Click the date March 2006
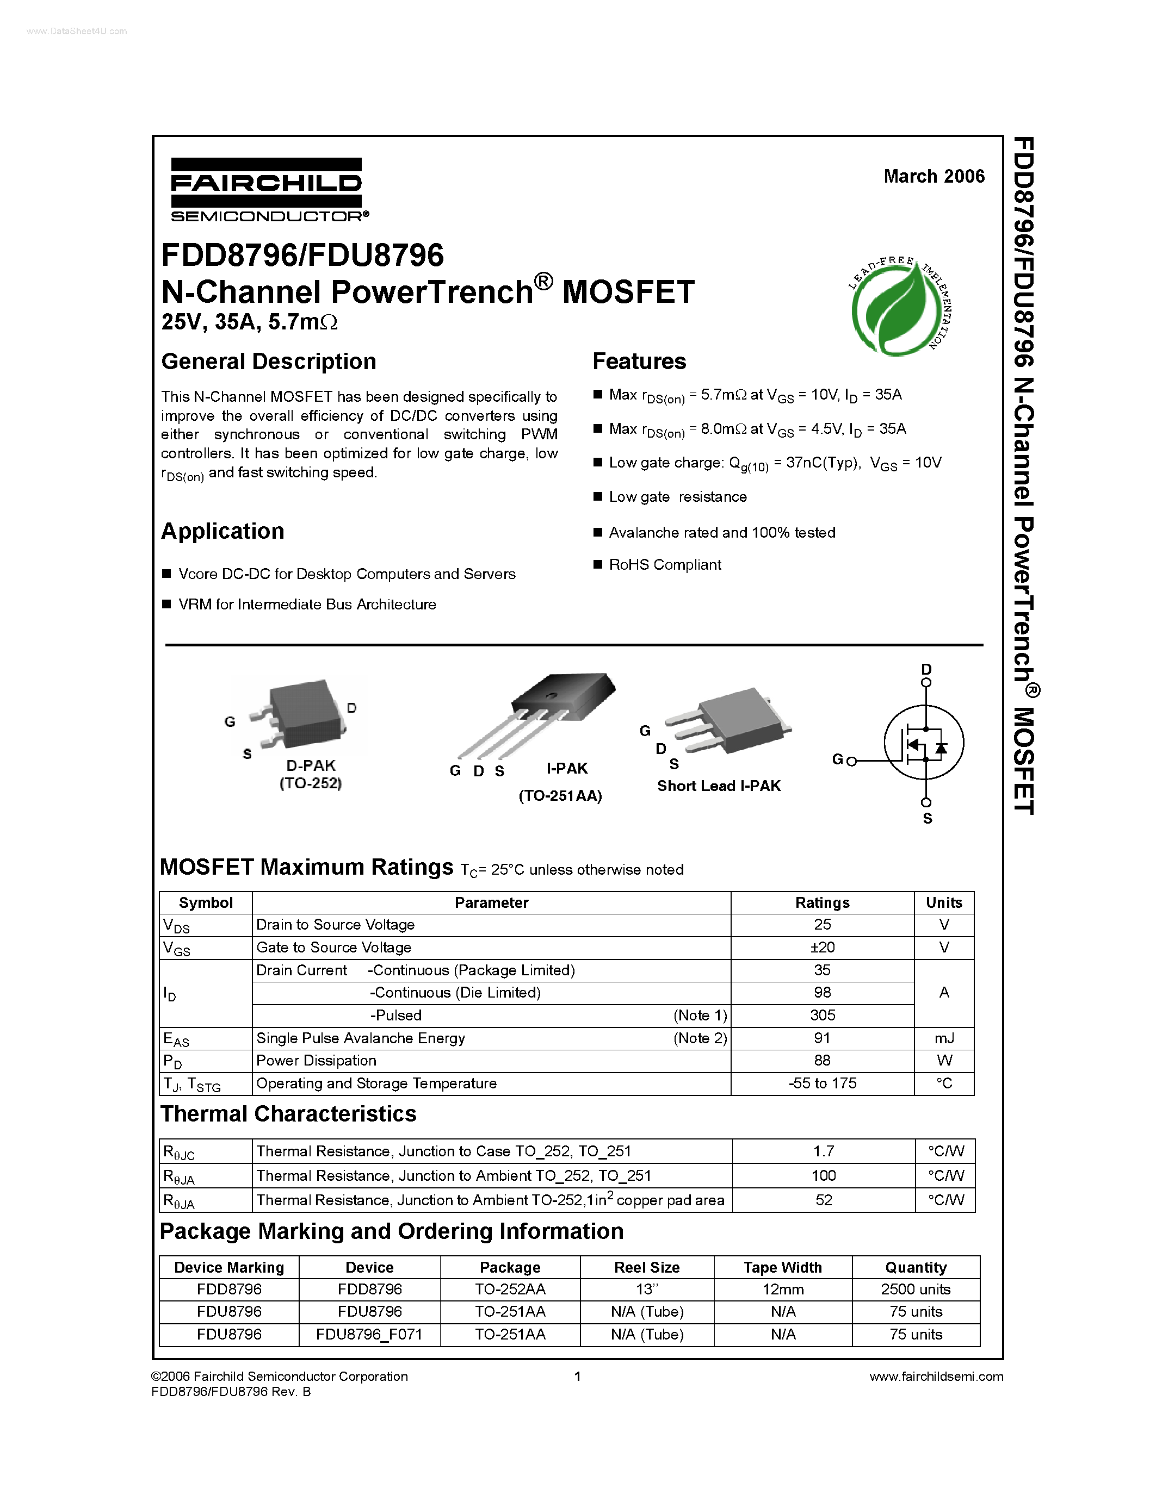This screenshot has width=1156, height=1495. pyautogui.click(x=934, y=177)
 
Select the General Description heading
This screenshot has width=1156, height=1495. pyautogui.click(x=268, y=362)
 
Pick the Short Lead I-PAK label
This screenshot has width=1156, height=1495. pyautogui.click(x=719, y=786)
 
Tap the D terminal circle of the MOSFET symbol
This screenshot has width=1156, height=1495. pyautogui.click(x=926, y=682)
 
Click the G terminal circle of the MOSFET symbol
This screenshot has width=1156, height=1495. pyautogui.click(x=852, y=761)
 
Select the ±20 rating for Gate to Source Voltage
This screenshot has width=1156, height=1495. pyautogui.click(x=822, y=948)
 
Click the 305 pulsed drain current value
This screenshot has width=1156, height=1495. pyautogui.click(x=822, y=1015)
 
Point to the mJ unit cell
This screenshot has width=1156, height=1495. pyautogui.click(x=944, y=1038)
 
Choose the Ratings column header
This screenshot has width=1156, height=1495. pyautogui.click(x=822, y=903)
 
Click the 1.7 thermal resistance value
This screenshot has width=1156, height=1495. pyautogui.click(x=823, y=1151)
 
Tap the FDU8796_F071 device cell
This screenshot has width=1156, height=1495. pyautogui.click(x=369, y=1334)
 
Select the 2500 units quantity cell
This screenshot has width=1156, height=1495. pyautogui.click(x=916, y=1289)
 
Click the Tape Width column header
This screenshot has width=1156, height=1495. pyautogui.click(x=783, y=1267)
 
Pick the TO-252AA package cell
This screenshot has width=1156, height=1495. pyautogui.click(x=510, y=1289)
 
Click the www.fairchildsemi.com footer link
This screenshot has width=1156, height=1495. pyautogui.click(x=936, y=1376)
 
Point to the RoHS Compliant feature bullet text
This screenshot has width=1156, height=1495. pyautogui.click(x=665, y=565)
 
